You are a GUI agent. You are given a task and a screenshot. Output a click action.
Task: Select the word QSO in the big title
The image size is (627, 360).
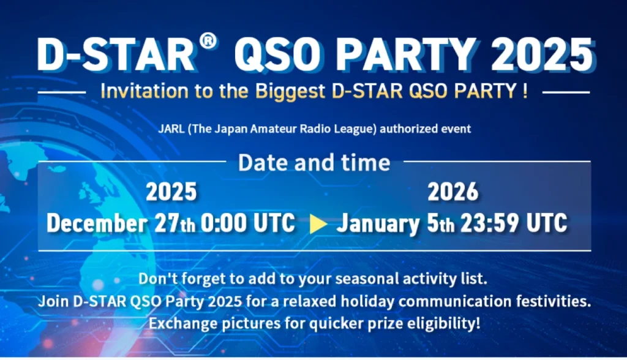point(273,56)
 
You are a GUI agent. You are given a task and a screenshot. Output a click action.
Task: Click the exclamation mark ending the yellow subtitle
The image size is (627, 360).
point(525,92)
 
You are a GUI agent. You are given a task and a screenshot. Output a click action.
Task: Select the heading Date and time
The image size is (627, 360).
point(313,162)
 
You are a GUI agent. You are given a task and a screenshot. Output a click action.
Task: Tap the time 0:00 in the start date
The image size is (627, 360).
point(223,223)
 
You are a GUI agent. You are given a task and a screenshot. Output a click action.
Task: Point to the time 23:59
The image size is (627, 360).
point(488,223)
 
